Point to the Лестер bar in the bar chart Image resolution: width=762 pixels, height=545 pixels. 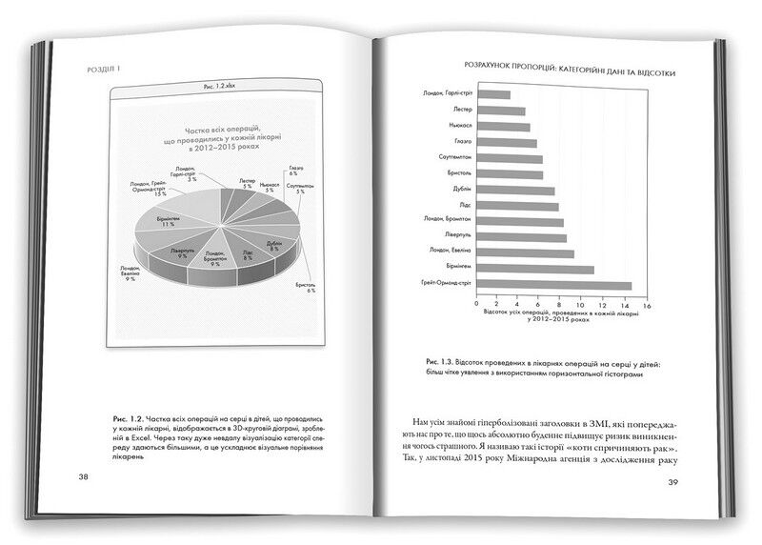coord(502,110)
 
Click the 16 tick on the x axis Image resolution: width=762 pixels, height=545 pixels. coord(648,307)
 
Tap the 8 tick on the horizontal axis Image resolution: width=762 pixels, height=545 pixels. coord(561,307)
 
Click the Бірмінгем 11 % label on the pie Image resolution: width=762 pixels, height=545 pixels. coord(168,221)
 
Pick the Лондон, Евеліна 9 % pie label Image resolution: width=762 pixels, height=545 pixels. coord(132,274)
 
